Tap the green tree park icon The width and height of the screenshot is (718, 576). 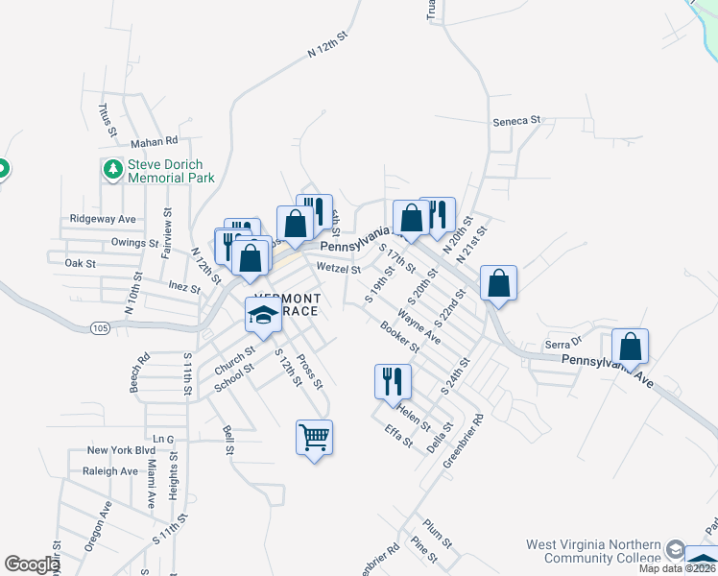[x=113, y=170]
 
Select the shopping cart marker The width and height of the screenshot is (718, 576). [x=314, y=438]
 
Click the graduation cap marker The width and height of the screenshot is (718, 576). [x=263, y=315]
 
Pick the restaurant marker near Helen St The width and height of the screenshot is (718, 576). [x=393, y=381]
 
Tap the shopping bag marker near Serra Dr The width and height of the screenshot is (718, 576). [x=630, y=347]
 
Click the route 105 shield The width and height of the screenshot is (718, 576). [x=99, y=327]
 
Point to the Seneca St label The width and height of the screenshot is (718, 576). [x=517, y=122]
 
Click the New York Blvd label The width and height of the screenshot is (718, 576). [x=120, y=450]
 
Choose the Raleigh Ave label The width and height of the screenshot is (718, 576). [x=110, y=471]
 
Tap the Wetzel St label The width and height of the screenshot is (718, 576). [x=337, y=270]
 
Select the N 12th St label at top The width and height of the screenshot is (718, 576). [x=324, y=51]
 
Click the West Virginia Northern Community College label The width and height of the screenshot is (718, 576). [x=592, y=551]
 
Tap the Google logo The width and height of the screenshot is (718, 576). [x=31, y=564]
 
